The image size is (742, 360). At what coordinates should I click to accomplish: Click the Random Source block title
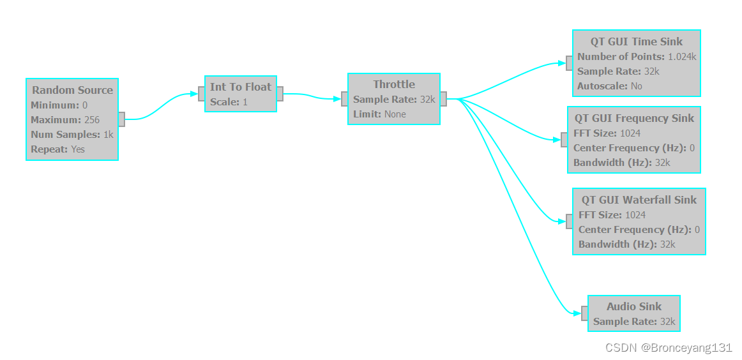coord(72,90)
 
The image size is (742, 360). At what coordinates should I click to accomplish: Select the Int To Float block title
coord(241,87)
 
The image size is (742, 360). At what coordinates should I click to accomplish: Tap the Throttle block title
coord(394,84)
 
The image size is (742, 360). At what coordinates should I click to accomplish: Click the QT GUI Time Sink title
coord(636,41)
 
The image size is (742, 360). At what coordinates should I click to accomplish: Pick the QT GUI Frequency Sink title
coord(633,118)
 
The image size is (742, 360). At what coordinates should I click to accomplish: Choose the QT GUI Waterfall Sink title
coord(639,200)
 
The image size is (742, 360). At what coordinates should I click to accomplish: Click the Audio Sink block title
coord(633,306)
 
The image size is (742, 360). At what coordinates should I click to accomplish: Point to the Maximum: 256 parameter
coord(65,119)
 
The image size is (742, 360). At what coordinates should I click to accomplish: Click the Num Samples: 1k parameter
coord(72,134)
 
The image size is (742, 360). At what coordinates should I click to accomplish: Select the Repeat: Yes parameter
coord(57,149)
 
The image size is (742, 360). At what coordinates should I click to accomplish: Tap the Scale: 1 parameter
coord(229,101)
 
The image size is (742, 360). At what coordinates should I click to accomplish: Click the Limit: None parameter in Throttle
coord(379,114)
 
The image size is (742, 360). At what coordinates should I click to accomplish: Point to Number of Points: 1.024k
coord(636,57)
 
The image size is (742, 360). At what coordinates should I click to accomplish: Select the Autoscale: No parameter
coord(609,86)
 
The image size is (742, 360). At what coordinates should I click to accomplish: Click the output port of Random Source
coord(121,119)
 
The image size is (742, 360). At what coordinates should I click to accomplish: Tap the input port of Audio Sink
coord(584,313)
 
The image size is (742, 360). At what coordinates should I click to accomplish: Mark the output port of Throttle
coord(443,99)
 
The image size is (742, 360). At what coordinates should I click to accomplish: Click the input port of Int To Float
coord(202,94)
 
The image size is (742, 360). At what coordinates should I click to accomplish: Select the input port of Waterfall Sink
coord(569,221)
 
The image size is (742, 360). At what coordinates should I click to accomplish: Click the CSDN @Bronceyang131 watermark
coord(669,348)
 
